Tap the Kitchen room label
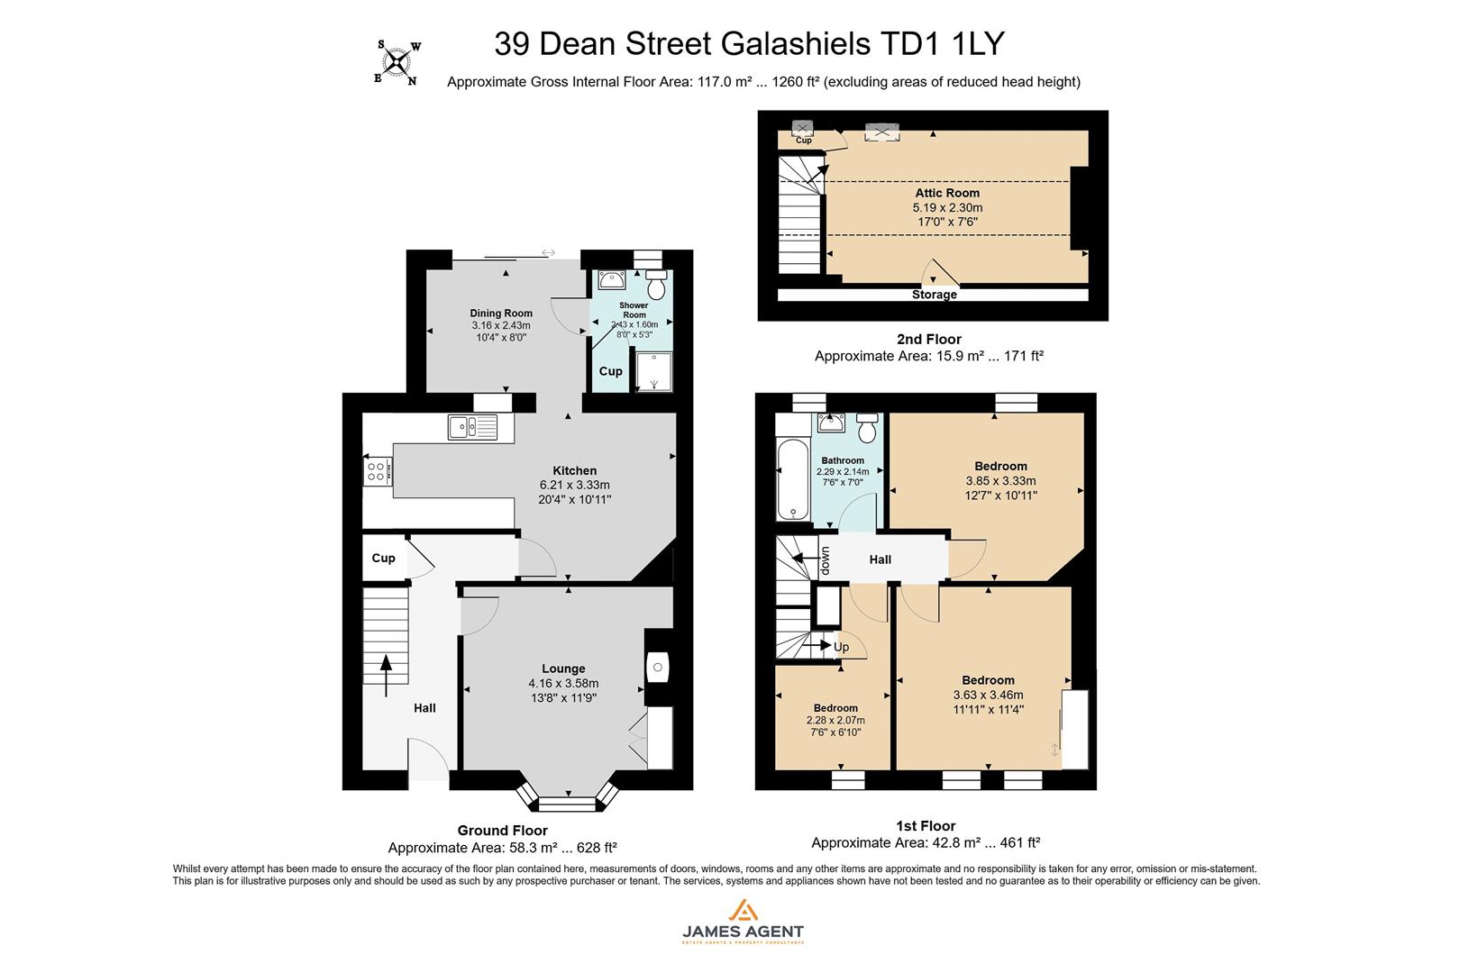tap(574, 470)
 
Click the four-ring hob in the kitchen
tap(378, 471)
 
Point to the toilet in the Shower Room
tap(656, 286)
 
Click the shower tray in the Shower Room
tap(653, 371)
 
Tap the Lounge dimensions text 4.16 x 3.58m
tap(563, 683)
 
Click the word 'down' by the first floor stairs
tap(825, 562)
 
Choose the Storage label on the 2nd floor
tap(934, 295)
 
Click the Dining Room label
tap(501, 314)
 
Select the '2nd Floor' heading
tap(928, 339)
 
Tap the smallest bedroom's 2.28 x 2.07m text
tap(835, 720)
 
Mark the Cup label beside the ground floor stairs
tap(383, 558)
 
